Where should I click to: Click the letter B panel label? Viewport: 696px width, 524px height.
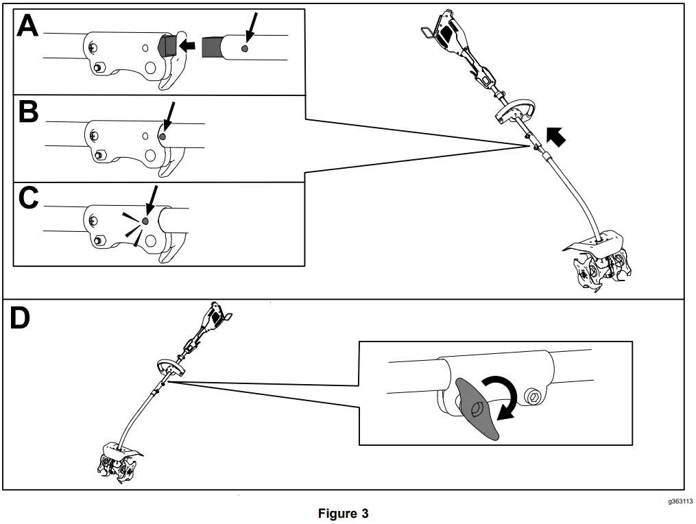(28, 112)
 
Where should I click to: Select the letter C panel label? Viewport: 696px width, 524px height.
(28, 198)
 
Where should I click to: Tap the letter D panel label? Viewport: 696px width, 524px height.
(20, 318)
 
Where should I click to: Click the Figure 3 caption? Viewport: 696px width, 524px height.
(347, 513)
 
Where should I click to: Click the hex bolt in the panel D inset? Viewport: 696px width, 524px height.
(532, 395)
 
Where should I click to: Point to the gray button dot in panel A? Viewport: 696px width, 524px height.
(245, 48)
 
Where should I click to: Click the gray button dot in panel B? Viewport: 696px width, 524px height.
(163, 136)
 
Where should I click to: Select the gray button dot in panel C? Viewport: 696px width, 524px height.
(145, 221)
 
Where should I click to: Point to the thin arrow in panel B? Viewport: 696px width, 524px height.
(169, 115)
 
